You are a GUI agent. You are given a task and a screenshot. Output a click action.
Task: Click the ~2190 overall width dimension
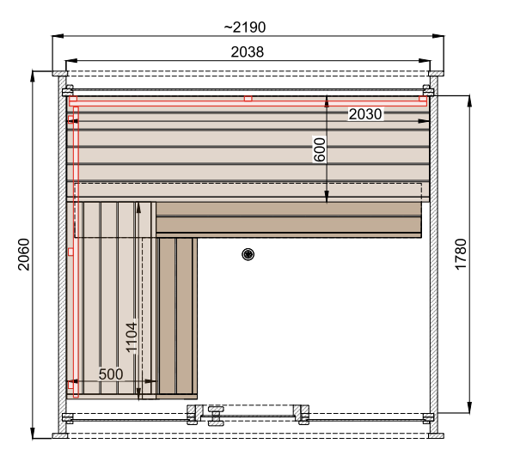pos(245,27)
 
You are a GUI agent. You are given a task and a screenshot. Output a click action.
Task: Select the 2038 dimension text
pos(248,52)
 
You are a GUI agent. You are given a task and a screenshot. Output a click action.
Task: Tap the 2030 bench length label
pos(365,114)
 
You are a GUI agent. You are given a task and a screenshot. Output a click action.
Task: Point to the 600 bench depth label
pos(320,149)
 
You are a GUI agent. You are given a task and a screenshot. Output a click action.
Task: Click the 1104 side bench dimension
pos(132,337)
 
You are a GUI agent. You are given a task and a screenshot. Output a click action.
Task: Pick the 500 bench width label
pos(111,374)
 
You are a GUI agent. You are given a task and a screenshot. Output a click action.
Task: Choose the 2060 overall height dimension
pos(24,254)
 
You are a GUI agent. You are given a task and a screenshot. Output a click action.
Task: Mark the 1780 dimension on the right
pos(461,254)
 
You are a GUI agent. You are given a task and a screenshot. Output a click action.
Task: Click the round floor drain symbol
pos(248,254)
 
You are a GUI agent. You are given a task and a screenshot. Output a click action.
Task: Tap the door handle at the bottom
pos(216,416)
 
